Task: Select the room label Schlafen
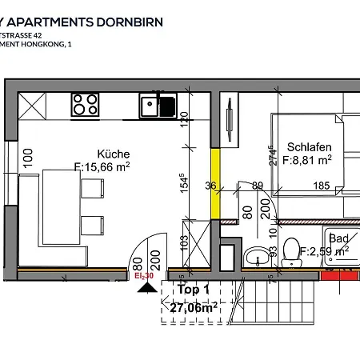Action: pos(302,147)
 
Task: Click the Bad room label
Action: pos(338,238)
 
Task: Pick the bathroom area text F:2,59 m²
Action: pos(324,251)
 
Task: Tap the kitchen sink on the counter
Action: pos(150,104)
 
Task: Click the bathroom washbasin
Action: pos(258,256)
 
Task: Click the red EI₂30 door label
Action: pos(144,275)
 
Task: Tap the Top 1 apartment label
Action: pos(195,290)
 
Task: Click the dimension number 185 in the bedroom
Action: pos(321,186)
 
